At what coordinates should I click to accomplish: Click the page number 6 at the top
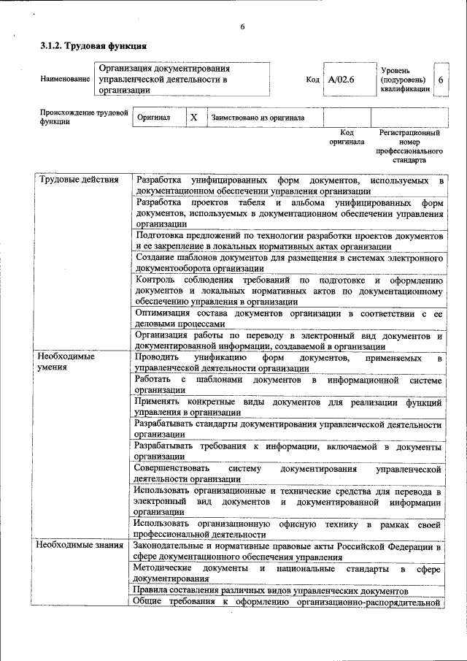coord(242,27)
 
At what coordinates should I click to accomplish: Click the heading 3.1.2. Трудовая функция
coord(88,46)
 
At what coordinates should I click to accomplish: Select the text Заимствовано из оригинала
coord(257,118)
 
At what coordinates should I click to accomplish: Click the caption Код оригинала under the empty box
coord(347,137)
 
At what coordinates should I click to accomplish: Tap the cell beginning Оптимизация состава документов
coord(290,318)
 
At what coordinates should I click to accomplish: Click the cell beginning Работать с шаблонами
coord(290,385)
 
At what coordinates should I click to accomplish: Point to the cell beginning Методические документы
coord(290,573)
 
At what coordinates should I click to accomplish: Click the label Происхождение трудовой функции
coord(84,117)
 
